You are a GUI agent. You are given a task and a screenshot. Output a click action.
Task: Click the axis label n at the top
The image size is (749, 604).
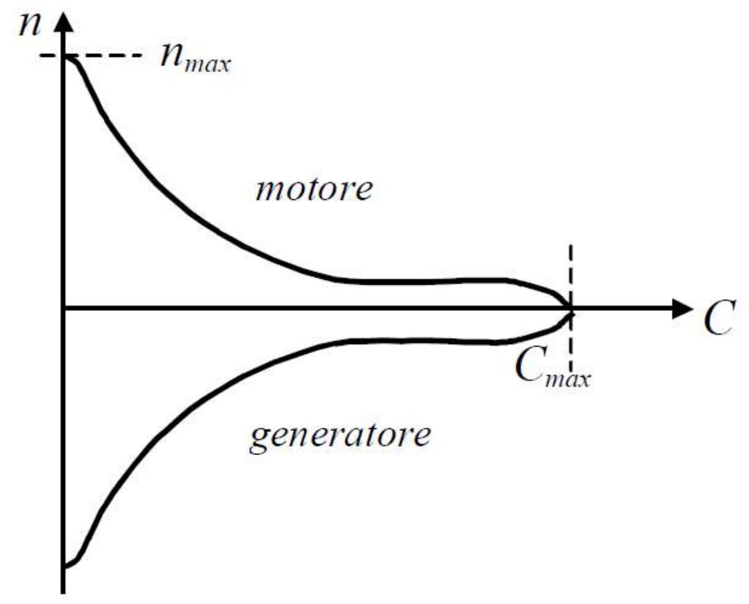pyautogui.click(x=30, y=25)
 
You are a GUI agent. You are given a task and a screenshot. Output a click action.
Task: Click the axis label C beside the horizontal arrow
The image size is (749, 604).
pyautogui.click(x=719, y=318)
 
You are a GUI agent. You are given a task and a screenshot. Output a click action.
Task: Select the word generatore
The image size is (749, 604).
pyautogui.click(x=340, y=436)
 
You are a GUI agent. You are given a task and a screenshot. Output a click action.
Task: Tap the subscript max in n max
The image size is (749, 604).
pyautogui.click(x=207, y=65)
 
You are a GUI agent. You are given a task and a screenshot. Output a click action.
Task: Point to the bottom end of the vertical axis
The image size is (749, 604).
pyautogui.click(x=63, y=591)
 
